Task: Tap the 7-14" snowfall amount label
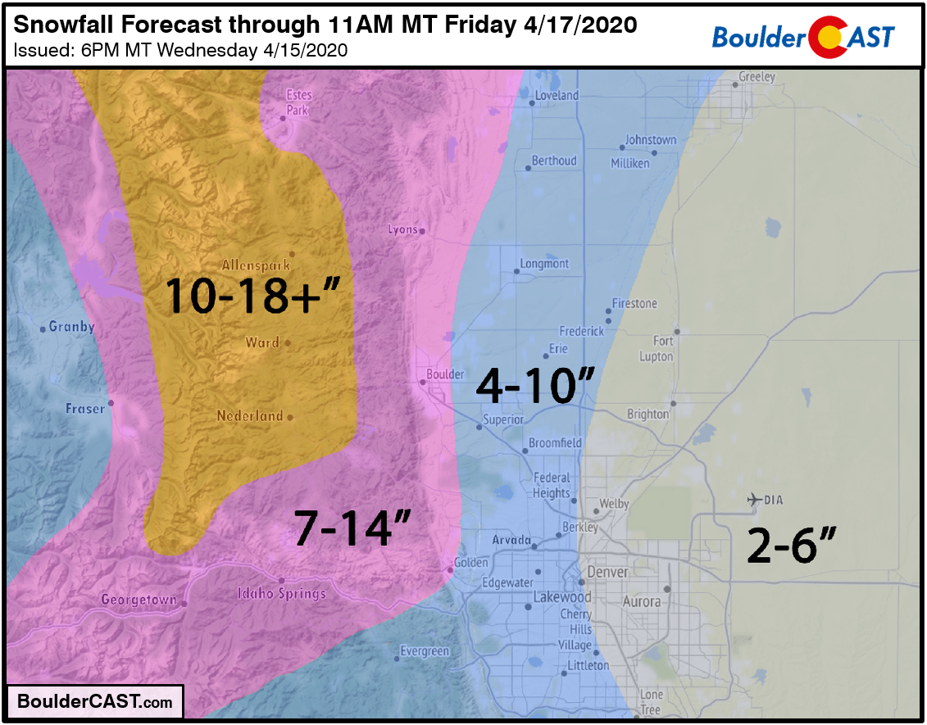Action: point(352,529)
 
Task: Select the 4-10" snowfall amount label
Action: point(534,385)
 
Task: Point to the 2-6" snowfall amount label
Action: point(792,546)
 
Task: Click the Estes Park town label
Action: point(298,102)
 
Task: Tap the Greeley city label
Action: point(757,77)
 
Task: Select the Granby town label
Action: point(72,327)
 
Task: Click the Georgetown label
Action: point(139,600)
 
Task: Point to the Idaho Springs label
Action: point(281,593)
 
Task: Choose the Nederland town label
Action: point(249,416)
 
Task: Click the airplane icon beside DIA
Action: point(753,499)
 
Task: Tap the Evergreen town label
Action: point(425,651)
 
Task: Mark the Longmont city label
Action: point(544,264)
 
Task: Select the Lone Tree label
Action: point(652,702)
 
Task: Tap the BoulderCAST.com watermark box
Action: point(95,702)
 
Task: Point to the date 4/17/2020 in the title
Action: point(579,25)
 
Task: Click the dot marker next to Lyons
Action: point(422,231)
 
